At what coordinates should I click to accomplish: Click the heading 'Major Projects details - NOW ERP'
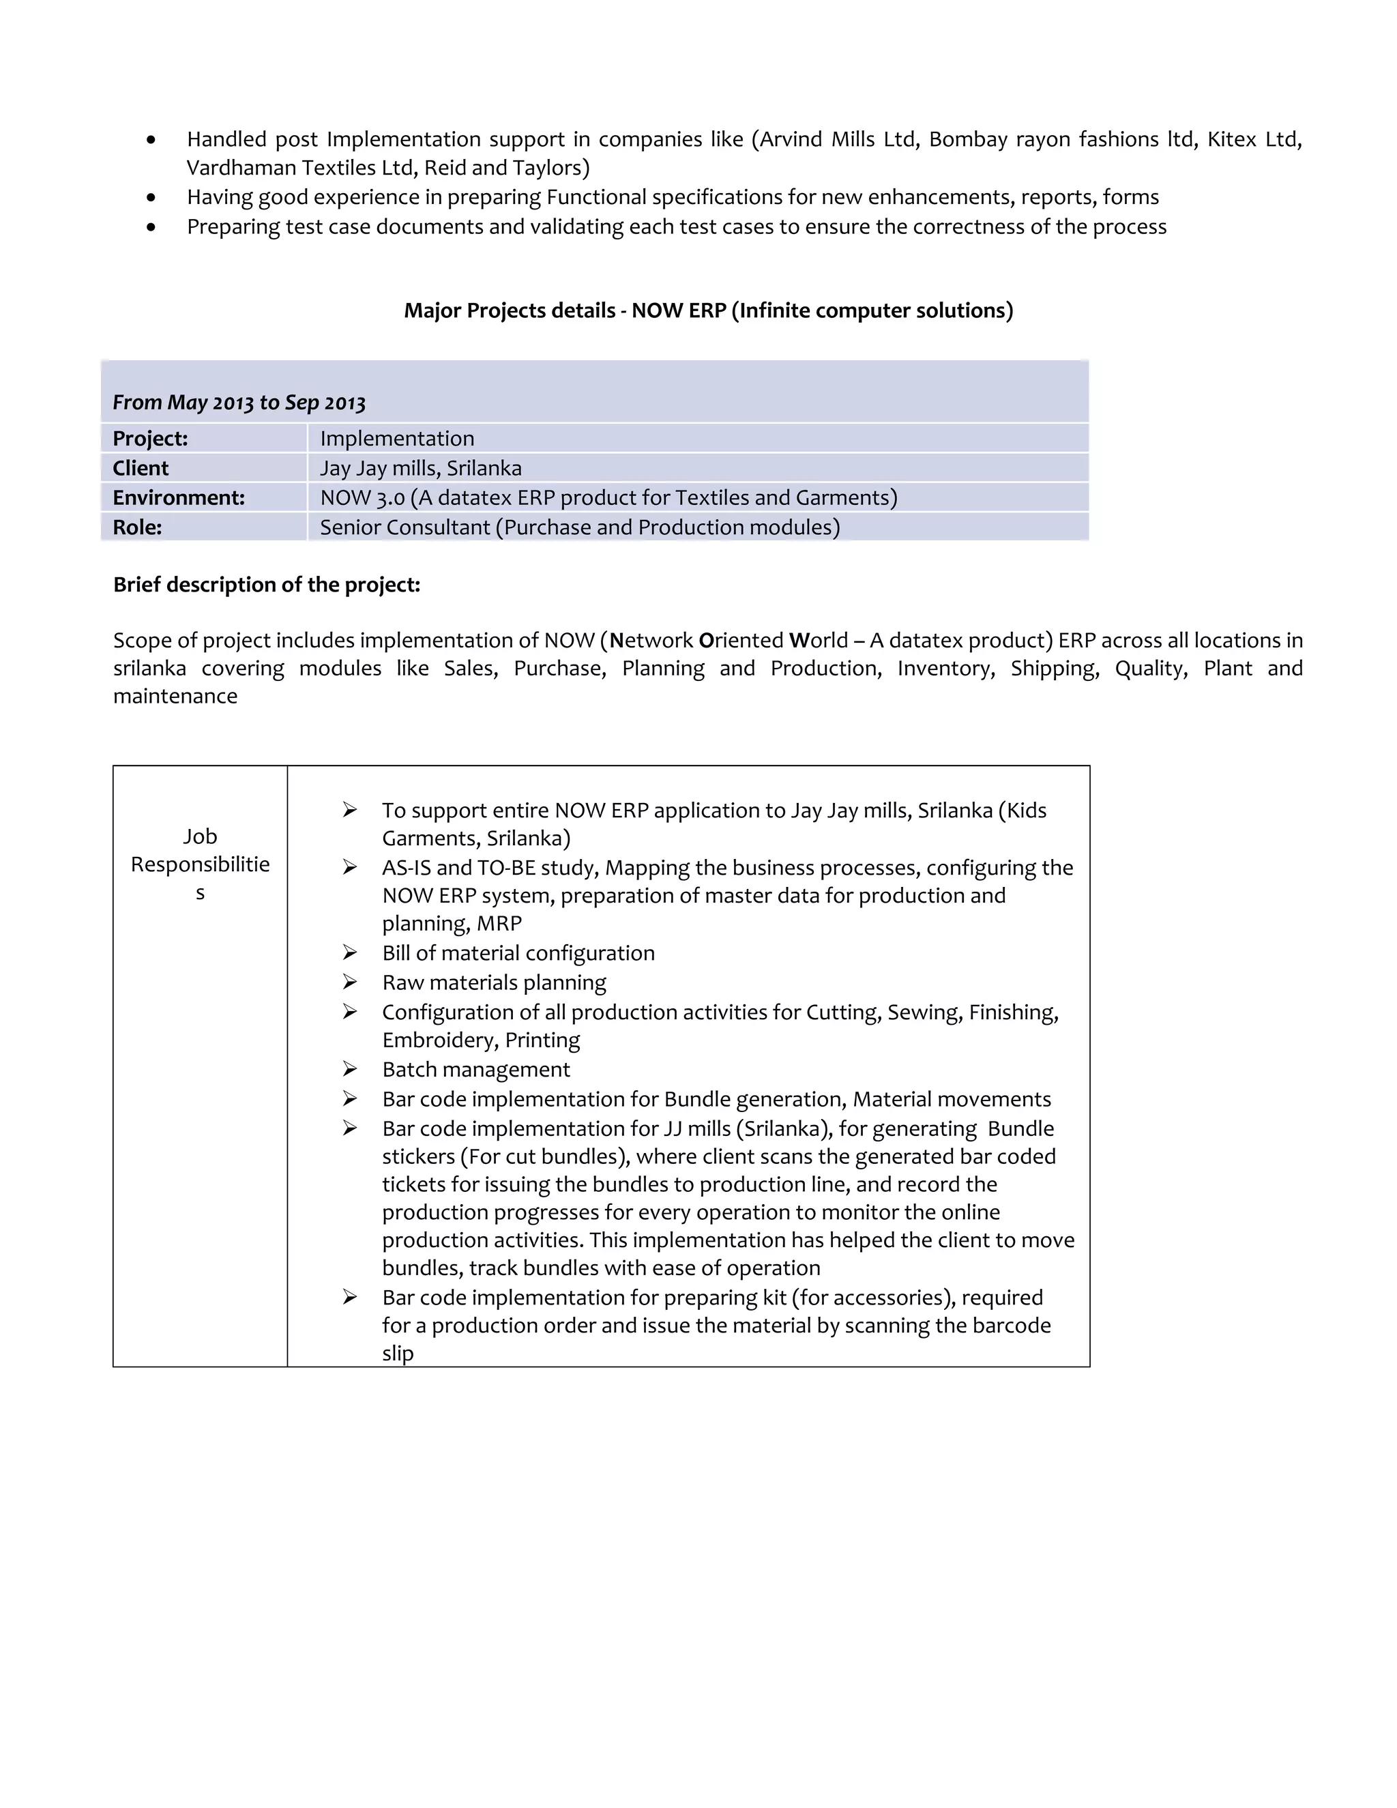click(x=707, y=310)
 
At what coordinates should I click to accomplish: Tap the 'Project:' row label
click(x=151, y=439)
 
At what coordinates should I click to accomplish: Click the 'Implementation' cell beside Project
click(x=397, y=439)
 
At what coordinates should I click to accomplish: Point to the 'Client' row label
click(x=141, y=469)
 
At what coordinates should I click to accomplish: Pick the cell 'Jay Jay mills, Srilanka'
click(x=420, y=469)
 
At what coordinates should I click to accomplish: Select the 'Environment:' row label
click(x=179, y=497)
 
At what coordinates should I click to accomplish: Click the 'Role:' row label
click(x=137, y=527)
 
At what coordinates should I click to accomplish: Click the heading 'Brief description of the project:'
click(x=267, y=585)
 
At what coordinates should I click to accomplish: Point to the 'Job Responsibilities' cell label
click(x=201, y=864)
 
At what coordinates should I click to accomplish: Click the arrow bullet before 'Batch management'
click(x=350, y=1068)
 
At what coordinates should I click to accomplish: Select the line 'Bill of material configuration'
click(x=518, y=953)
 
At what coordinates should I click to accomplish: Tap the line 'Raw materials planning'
click(x=494, y=982)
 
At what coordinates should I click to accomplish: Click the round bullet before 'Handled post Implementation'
click(x=151, y=140)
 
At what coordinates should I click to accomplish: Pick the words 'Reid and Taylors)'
click(x=507, y=168)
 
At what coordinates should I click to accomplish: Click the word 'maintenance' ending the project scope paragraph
click(x=175, y=696)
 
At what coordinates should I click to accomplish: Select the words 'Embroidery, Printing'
click(x=481, y=1040)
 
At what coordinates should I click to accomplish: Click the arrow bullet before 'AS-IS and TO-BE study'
click(x=350, y=866)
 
